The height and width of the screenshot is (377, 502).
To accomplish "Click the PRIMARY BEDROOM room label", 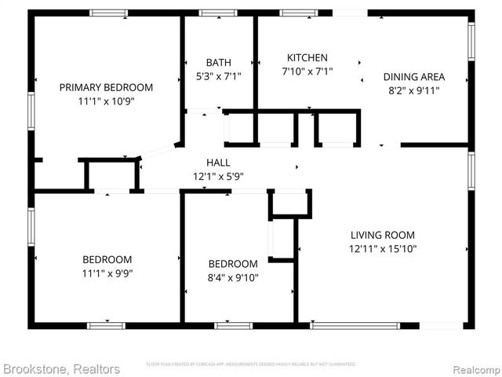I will tap(106, 87).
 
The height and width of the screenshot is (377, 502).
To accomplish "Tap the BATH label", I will tap(218, 63).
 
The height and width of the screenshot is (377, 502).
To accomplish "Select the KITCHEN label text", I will tap(307, 58).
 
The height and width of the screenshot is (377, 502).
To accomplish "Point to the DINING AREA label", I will tap(413, 77).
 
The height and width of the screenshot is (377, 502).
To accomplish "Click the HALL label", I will tap(218, 163).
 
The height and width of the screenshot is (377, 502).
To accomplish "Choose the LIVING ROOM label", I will tap(383, 235).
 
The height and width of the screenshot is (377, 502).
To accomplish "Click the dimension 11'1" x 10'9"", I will tap(106, 101).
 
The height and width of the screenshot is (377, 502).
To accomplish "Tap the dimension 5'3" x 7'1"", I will tap(218, 76).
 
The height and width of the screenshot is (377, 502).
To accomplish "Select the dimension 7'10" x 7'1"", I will tap(307, 71).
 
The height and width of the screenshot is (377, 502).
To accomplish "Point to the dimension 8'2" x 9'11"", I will tap(413, 90).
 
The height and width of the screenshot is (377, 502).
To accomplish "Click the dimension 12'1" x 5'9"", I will tap(218, 176).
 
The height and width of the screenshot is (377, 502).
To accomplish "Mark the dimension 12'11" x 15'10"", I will tap(383, 249).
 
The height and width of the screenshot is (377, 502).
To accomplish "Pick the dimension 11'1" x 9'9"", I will tap(107, 273).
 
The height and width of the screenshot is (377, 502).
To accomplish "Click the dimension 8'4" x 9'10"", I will tap(233, 277).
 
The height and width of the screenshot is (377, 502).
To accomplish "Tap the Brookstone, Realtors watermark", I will tap(60, 368).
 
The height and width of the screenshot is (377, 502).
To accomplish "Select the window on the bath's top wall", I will tap(218, 13).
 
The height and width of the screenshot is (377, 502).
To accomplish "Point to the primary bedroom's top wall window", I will tap(108, 13).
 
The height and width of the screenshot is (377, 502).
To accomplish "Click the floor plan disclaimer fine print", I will tap(251, 364).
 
